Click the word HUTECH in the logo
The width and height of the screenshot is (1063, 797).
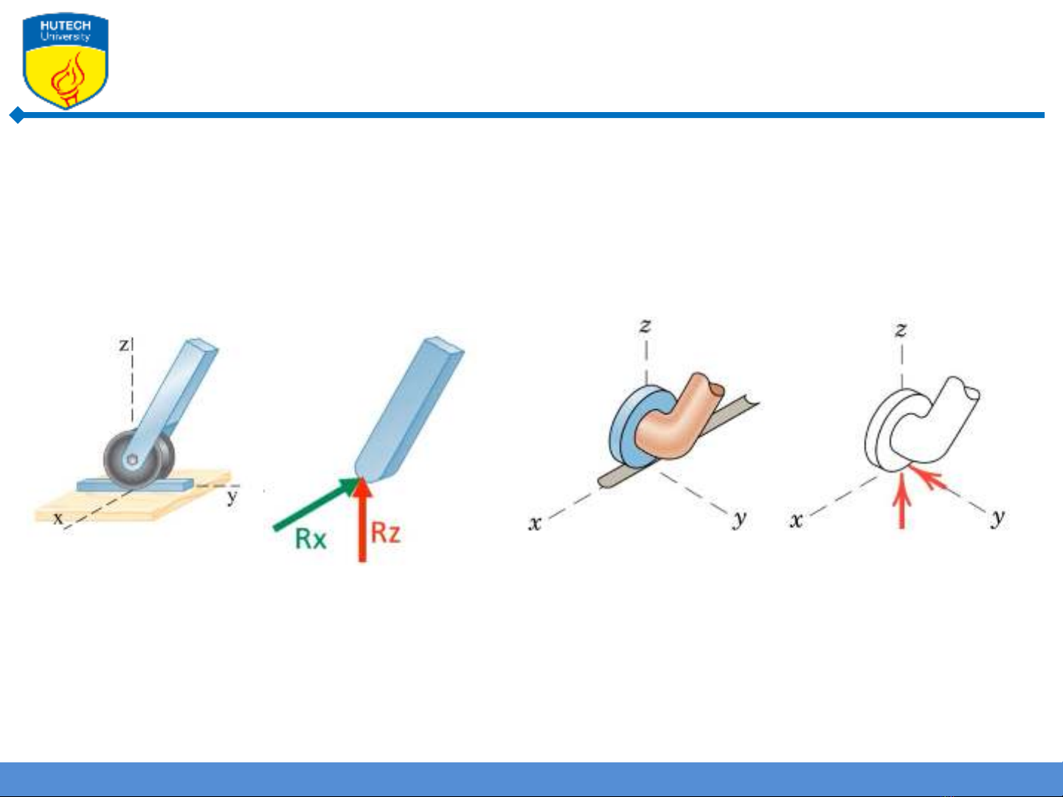coord(66,26)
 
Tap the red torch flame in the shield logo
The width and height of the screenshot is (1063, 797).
coord(69,77)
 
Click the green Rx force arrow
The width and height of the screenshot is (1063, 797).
coord(317,504)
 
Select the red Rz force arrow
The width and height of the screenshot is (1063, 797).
coord(361,521)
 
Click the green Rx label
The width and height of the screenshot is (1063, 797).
coord(311,539)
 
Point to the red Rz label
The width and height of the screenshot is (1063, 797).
coord(386,533)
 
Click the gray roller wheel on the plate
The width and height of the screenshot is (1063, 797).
coord(139,459)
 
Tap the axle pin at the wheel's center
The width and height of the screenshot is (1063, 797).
coord(132,460)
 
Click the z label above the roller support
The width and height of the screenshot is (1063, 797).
coord(125,344)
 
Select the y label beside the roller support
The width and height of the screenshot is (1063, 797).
coord(232,496)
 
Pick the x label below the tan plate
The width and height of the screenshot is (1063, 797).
coord(58,518)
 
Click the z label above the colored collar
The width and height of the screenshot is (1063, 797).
coord(645,326)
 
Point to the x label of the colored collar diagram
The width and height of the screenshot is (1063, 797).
coord(535,523)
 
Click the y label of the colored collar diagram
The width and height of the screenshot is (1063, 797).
coord(739,519)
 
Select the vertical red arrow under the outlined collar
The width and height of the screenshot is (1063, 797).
coord(901,501)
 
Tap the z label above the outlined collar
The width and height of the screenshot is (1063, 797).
coord(901,330)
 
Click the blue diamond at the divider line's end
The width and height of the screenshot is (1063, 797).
coord(17,115)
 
